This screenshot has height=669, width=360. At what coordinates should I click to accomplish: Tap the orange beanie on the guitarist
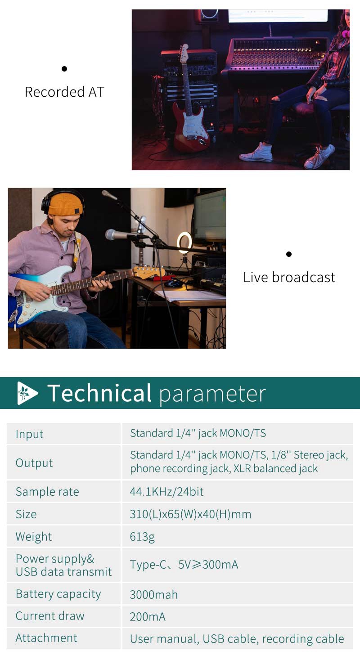[65, 204]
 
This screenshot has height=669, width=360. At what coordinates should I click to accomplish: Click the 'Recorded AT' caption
[64, 92]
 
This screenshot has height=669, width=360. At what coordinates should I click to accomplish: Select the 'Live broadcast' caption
[289, 278]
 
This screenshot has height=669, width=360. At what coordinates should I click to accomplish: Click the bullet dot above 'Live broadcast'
[288, 254]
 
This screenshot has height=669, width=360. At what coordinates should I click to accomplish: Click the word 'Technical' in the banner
[99, 393]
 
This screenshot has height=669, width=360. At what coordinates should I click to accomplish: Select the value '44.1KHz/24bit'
[166, 492]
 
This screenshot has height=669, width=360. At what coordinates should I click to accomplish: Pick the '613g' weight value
[142, 537]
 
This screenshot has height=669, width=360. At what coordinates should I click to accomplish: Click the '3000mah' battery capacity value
[153, 595]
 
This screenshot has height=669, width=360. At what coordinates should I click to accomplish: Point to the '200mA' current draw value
[148, 617]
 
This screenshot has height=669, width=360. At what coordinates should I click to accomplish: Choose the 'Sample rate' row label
[47, 492]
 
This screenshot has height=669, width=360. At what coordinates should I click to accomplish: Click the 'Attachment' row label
[46, 638]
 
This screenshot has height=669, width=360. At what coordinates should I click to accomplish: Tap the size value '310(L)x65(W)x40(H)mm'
[190, 514]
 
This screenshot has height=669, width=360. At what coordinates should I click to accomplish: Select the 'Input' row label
[29, 434]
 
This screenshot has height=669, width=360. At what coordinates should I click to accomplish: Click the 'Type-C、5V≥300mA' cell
[184, 565]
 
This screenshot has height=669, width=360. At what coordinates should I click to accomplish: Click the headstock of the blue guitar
[149, 272]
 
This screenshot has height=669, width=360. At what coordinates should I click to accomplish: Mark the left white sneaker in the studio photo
[256, 153]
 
